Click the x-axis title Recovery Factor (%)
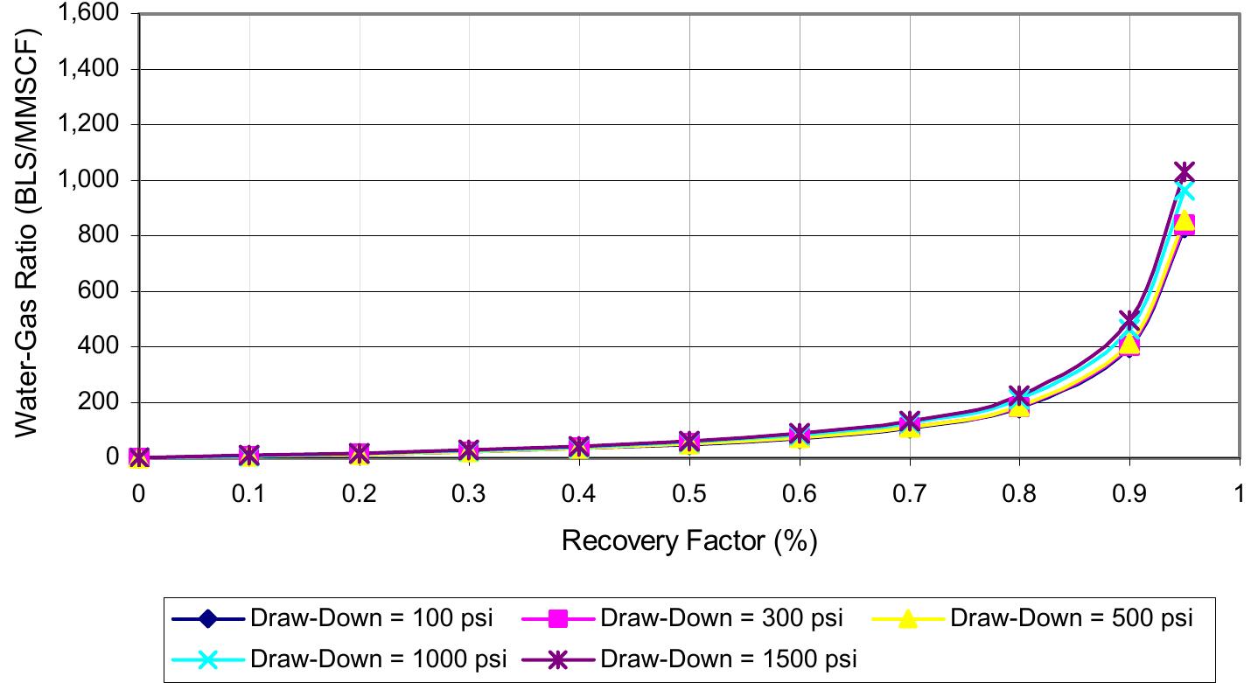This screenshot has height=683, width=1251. [688, 541]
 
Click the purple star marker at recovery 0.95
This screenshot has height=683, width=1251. [1185, 172]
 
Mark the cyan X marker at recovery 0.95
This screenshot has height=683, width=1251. [1185, 191]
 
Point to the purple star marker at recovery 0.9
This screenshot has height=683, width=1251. [1129, 320]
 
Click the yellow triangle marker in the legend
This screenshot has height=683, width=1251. [909, 619]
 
